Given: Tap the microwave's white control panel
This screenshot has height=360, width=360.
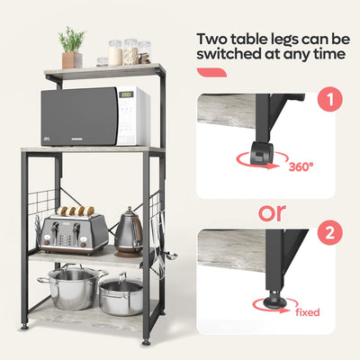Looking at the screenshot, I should point(131,115).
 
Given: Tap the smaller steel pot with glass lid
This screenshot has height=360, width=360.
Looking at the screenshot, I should point(121,295).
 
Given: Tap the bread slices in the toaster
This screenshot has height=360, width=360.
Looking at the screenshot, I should point(76,212).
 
